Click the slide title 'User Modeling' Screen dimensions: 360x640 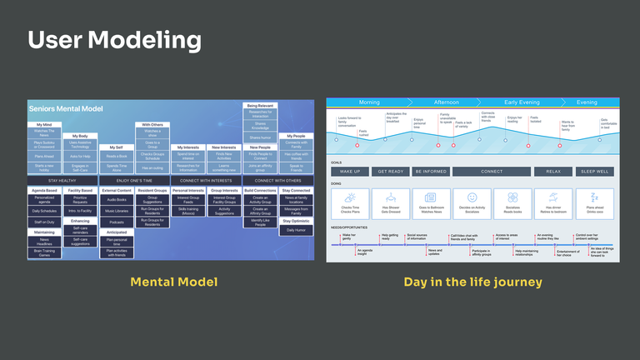pos(114,40)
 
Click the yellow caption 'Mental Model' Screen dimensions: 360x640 pos(174,282)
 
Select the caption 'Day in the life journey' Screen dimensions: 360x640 pos(472,282)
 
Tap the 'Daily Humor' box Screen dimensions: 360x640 pos(296,228)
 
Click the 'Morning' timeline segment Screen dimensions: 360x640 pos(368,102)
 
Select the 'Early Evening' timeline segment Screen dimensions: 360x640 pos(522,102)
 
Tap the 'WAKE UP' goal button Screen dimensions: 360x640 pos(349,172)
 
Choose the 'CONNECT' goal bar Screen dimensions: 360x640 pos(492,172)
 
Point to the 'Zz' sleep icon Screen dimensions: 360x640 pos(597,198)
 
